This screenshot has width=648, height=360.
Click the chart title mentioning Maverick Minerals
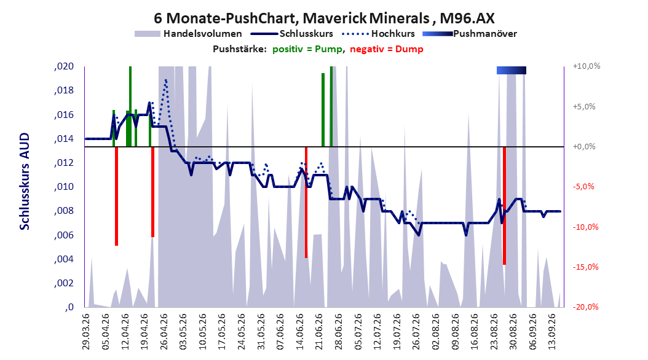[324, 18]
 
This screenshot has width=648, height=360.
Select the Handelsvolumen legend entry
[188, 34]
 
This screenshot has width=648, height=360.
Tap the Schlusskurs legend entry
[292, 34]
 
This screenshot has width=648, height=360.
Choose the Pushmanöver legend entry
[470, 34]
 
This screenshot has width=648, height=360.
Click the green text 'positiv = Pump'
[307, 49]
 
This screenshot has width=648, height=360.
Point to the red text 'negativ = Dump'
[387, 49]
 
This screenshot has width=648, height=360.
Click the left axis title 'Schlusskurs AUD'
[25, 181]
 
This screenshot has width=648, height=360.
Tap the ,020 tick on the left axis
[64, 66]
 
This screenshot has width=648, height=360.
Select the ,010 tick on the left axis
[64, 187]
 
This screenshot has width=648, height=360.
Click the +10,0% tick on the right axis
[587, 66]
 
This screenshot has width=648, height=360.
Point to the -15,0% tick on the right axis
[585, 267]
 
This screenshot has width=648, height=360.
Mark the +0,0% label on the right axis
[584, 147]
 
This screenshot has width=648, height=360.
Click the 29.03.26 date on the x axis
[86, 331]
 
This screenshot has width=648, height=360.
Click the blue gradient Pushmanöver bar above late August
[512, 70]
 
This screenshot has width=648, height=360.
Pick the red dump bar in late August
[504, 206]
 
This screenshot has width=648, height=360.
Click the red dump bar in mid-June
[306, 202]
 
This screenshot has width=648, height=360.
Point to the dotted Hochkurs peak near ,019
[166, 80]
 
